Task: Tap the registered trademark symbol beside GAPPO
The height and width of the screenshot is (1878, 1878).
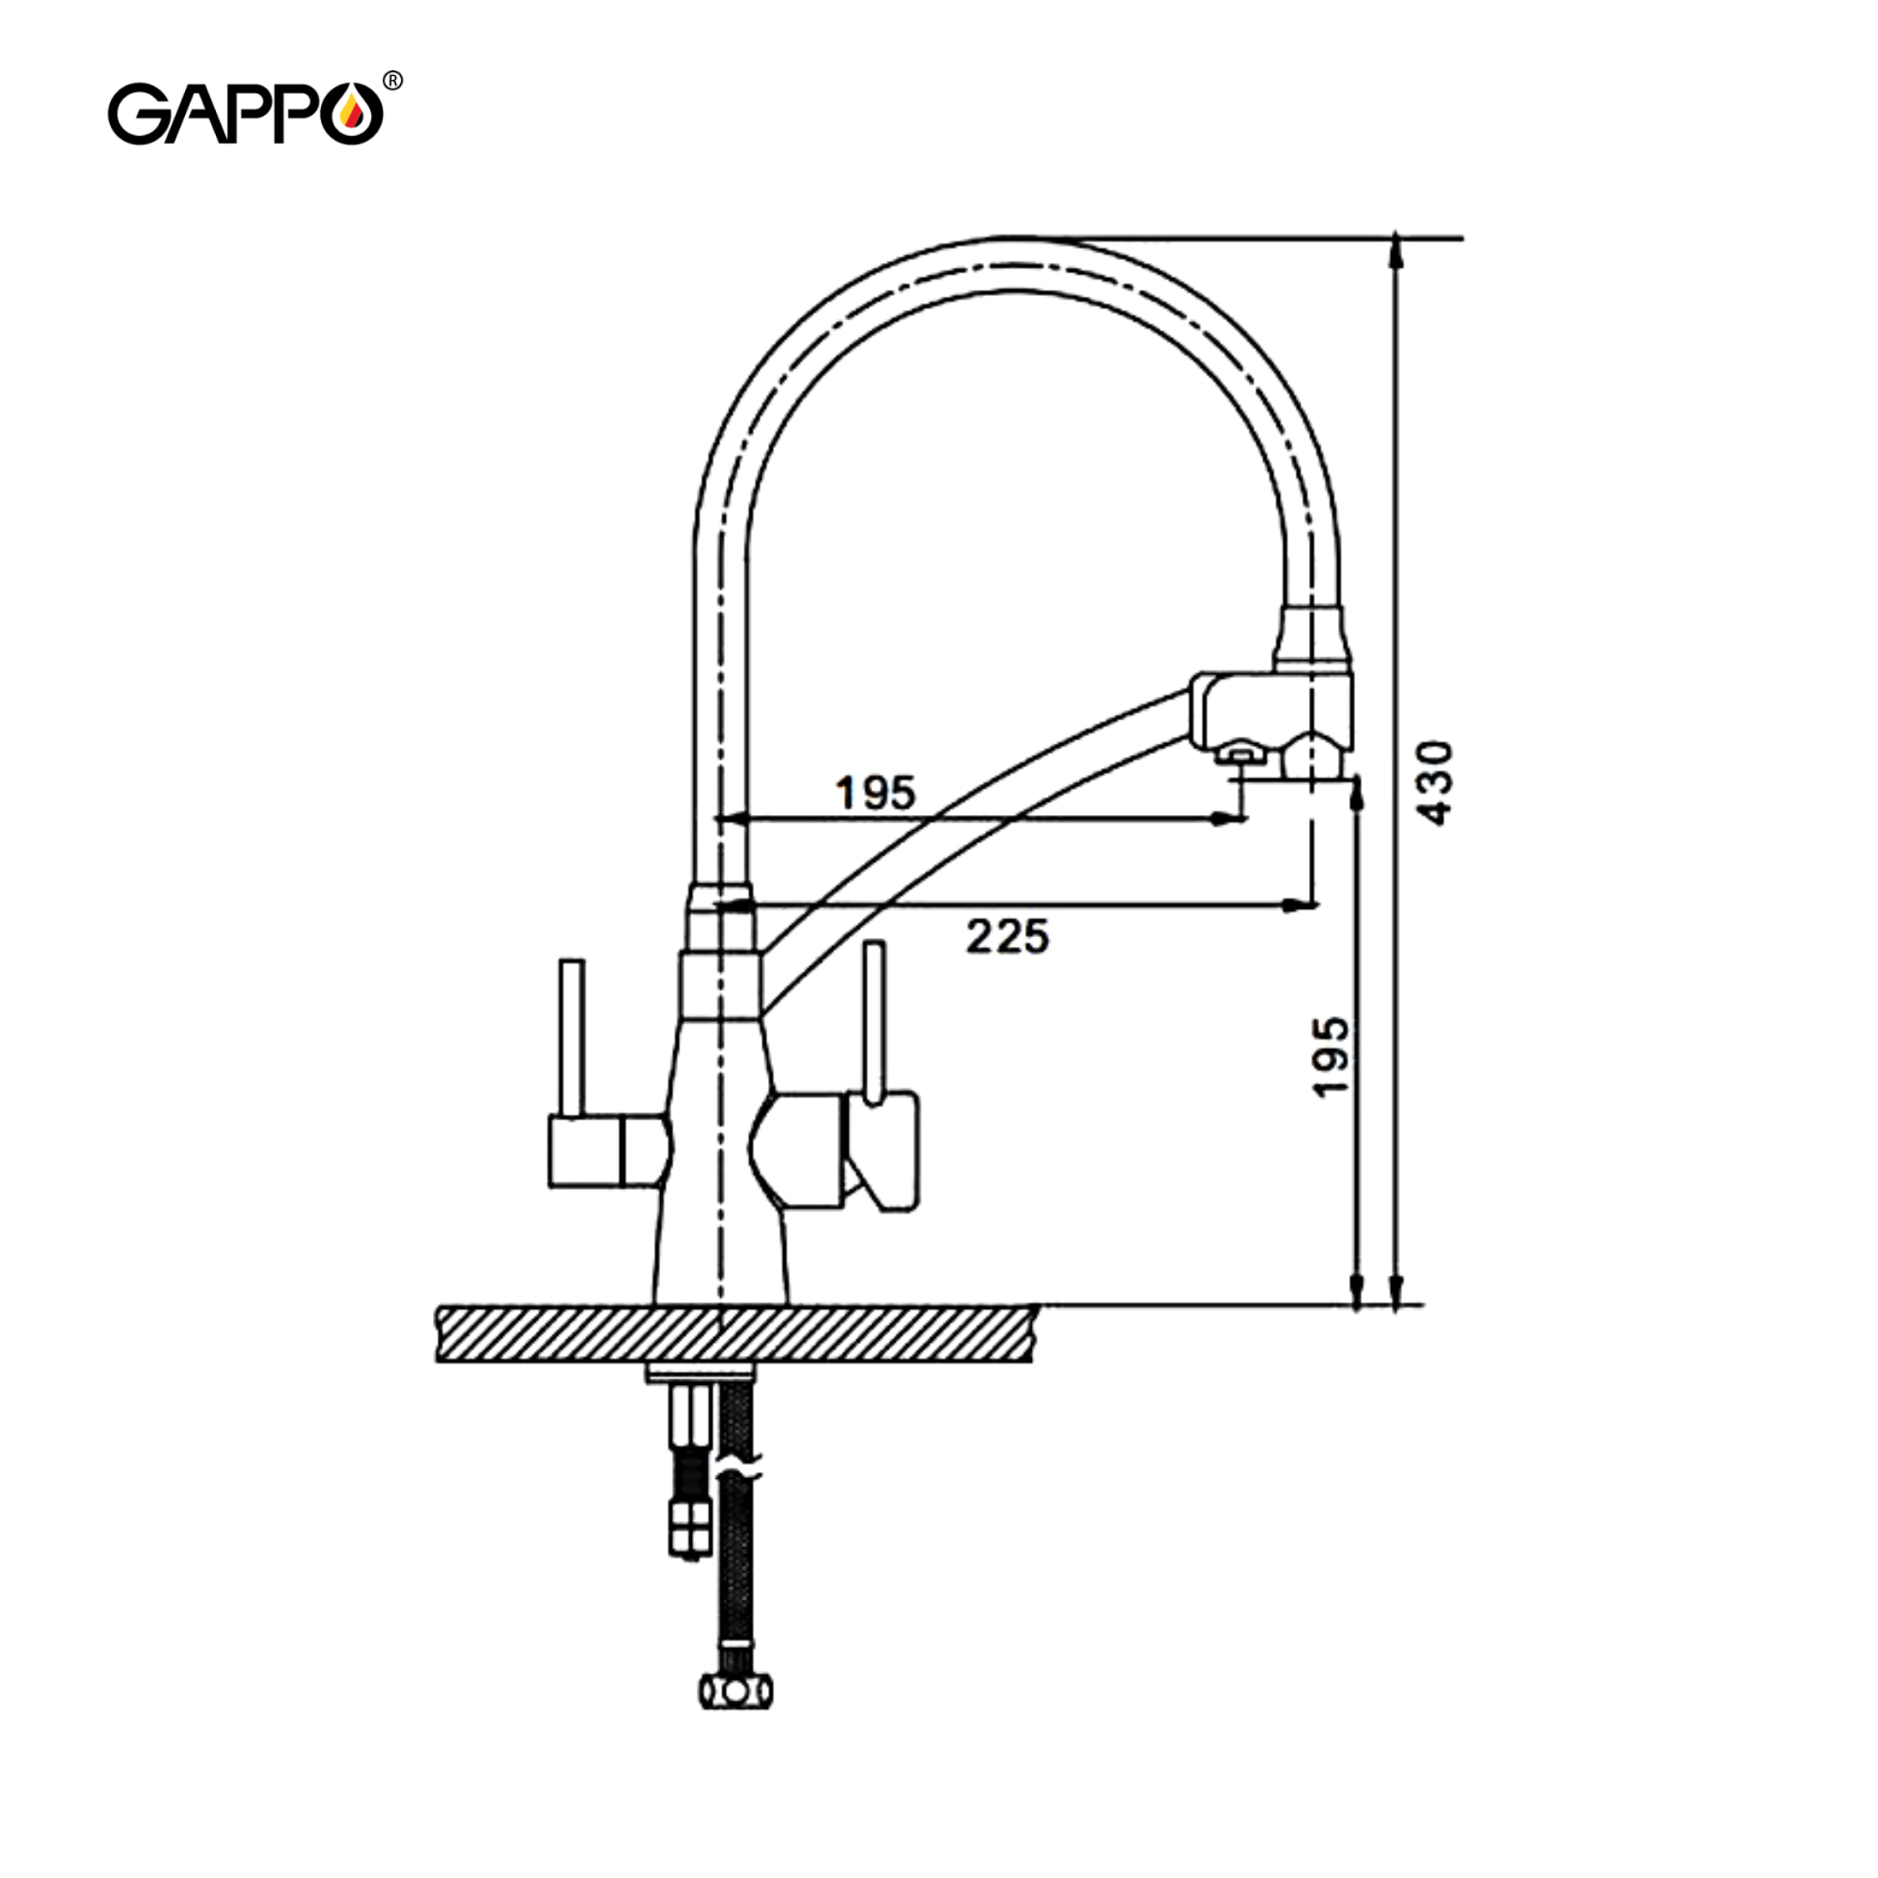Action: pos(393,82)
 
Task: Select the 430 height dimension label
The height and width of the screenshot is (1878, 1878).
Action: pos(1437,782)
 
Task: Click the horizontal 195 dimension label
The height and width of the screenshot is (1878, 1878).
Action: pos(876,793)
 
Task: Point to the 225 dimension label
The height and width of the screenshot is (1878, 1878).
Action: pos(1007,937)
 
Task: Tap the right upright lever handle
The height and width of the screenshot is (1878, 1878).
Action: pos(874,1021)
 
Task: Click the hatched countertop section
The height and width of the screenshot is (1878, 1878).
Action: pos(736,1333)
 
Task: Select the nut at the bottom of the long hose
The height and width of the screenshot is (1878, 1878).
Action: pos(736,1690)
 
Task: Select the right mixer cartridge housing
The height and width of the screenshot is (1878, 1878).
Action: pos(799,1150)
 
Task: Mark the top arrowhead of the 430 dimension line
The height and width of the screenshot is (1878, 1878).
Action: pos(1396,251)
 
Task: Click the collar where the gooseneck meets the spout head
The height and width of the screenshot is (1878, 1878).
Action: pos(1314,637)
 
